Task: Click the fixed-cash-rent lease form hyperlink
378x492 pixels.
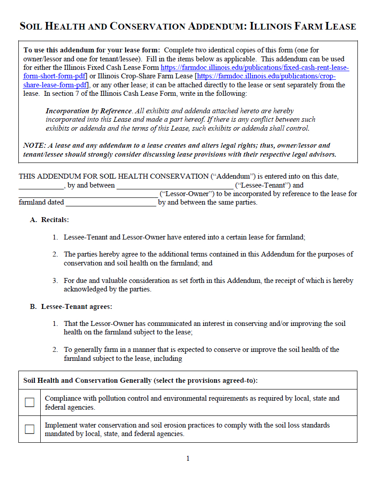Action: click(255, 68)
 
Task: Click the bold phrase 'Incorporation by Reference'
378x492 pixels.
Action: click(89, 111)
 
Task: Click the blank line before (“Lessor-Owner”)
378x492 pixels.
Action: click(88, 194)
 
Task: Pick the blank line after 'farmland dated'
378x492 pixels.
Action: click(110, 202)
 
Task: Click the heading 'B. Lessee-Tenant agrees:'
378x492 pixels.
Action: click(71, 307)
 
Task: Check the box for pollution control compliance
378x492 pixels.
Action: click(30, 402)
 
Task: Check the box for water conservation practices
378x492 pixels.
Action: click(30, 429)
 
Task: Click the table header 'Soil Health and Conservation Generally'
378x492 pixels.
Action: click(87, 381)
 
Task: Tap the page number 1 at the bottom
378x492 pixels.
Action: click(188, 458)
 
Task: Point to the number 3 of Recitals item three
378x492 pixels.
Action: click(55, 281)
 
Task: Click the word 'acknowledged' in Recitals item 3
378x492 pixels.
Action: click(84, 289)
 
